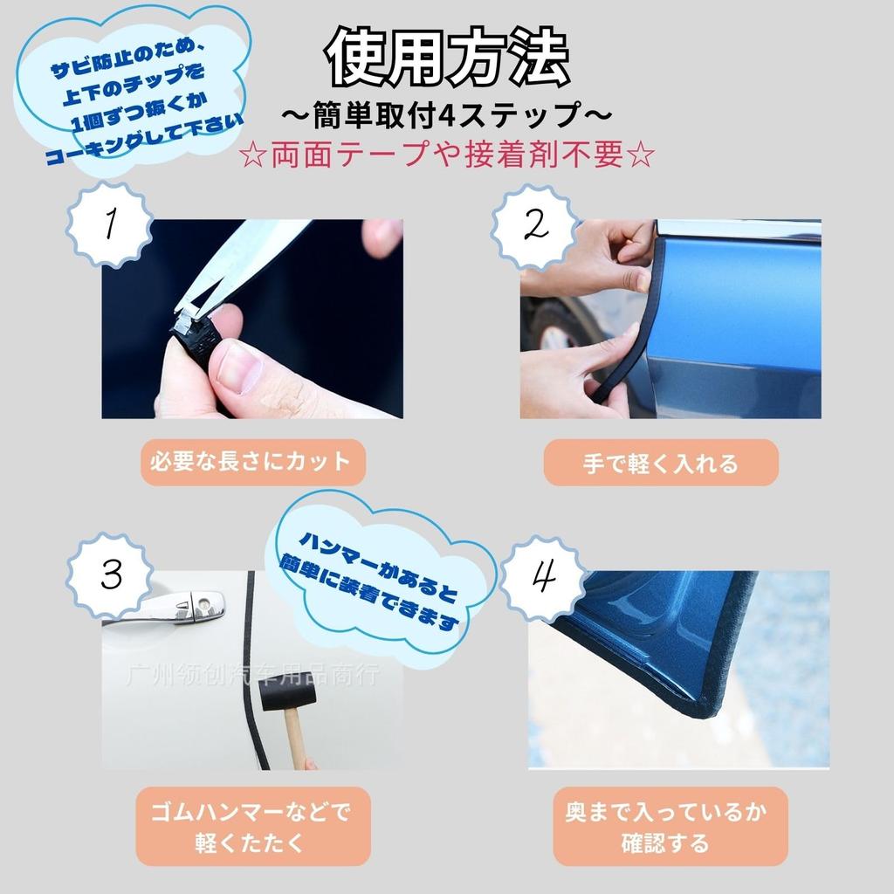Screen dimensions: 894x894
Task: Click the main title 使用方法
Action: tap(447, 59)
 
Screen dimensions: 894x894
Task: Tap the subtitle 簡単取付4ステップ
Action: tap(447, 114)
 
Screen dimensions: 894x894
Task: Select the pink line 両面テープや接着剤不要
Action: tap(447, 156)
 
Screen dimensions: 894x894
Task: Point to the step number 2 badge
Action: tap(533, 225)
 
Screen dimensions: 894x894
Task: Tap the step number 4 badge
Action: tap(544, 577)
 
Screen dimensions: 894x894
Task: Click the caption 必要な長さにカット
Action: tap(251, 463)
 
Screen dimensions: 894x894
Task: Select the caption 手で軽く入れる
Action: tap(660, 463)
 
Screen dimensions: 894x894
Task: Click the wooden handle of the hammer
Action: tap(297, 742)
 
